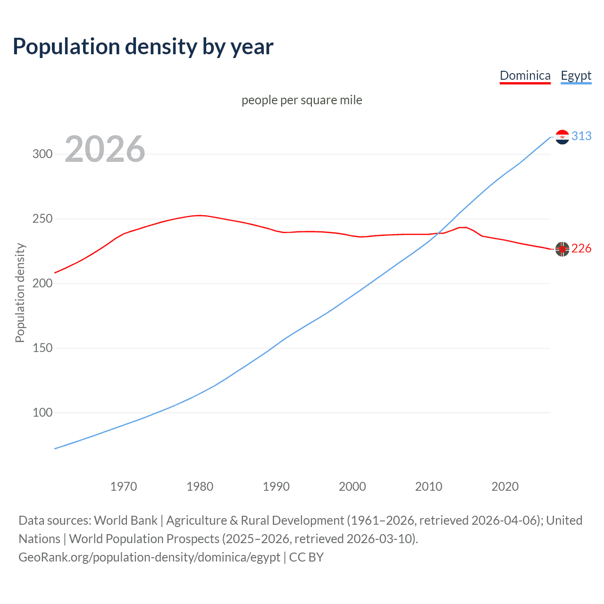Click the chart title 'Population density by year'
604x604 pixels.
coord(143,47)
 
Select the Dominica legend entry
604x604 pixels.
coord(525,75)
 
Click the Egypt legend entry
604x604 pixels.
coord(576,75)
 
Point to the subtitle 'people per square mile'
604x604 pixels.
coord(302,100)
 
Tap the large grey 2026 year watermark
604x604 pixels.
coord(105,149)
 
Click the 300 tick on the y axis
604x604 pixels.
coord(42,154)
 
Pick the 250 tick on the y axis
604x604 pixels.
coord(42,219)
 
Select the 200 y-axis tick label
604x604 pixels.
coord(42,284)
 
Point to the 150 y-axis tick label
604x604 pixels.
coord(42,348)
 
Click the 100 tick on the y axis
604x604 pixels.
coord(42,413)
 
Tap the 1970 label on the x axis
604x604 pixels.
coord(124,487)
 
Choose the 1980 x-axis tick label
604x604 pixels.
coord(200,487)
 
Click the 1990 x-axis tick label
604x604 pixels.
coord(276,487)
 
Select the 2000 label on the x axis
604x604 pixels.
coord(352,487)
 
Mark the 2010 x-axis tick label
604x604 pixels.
coord(428,487)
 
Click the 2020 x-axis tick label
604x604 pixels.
coord(505,487)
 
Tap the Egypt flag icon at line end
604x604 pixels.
coord(562,137)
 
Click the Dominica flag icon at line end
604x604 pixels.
coord(562,249)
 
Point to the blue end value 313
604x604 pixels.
coord(581,136)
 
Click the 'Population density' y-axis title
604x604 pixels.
coord(20,293)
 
